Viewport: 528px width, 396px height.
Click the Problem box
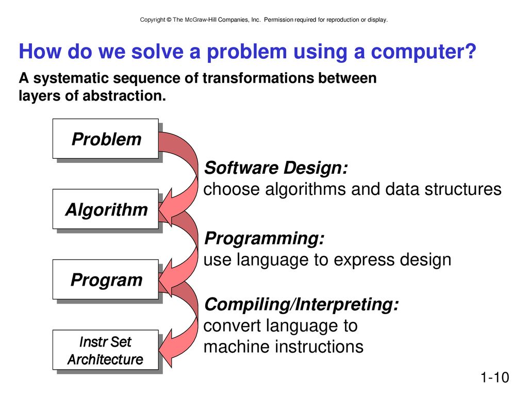[105, 138]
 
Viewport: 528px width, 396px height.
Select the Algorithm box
[105, 209]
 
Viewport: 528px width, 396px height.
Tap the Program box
[105, 279]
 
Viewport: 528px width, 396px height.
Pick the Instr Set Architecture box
[105, 350]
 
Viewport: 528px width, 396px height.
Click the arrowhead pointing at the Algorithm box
[166, 207]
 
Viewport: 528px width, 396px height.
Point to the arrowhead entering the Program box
[166, 277]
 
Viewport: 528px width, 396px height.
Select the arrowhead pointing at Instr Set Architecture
[166, 348]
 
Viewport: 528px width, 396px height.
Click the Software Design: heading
[276, 168]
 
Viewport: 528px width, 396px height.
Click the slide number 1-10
[494, 377]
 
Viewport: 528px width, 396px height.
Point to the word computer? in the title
[424, 52]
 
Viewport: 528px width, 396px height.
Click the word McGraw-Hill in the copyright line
[201, 20]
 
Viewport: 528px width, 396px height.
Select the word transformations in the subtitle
[259, 78]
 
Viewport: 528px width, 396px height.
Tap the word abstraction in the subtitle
[124, 96]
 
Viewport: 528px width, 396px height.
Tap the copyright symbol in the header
[169, 20]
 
